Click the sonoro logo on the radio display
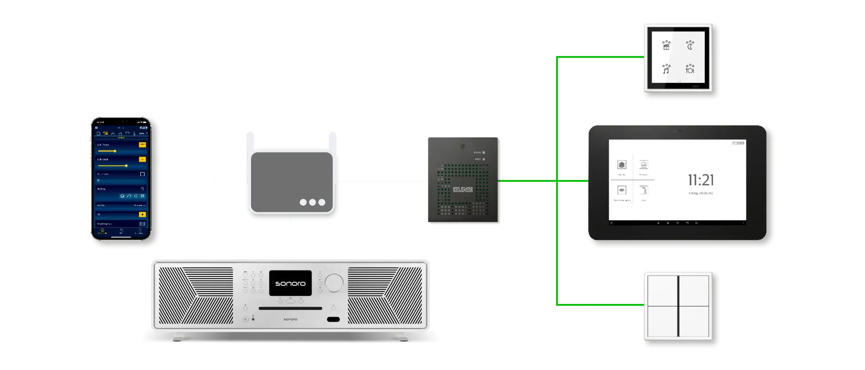[x=290, y=283]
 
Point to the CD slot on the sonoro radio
[x=291, y=308]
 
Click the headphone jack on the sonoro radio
[x=253, y=319]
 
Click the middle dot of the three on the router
[x=312, y=203]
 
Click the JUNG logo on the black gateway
[x=463, y=190]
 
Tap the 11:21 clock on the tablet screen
[x=701, y=180]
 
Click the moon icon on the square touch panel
[x=690, y=45]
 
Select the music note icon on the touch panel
[x=666, y=69]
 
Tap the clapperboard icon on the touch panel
[x=666, y=45]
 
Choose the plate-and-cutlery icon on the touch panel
[x=690, y=69]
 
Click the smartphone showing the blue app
[x=120, y=179]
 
